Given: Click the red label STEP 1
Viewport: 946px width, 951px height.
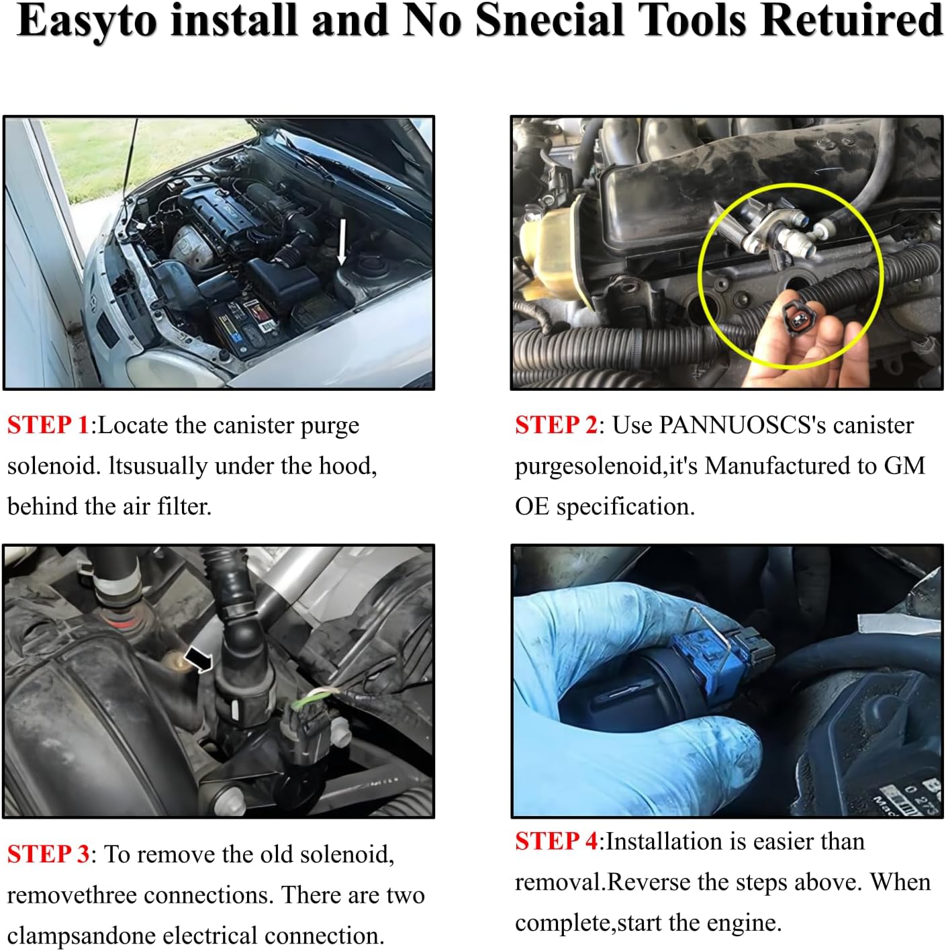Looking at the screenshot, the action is (48, 425).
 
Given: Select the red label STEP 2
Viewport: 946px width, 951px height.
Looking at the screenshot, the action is (556, 425).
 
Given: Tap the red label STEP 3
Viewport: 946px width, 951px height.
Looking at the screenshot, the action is (48, 854).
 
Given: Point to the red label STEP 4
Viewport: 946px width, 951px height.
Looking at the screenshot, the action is (556, 842).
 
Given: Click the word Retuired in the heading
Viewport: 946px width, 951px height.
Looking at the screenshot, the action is (851, 21).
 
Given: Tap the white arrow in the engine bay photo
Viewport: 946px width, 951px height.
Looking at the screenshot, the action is (342, 242).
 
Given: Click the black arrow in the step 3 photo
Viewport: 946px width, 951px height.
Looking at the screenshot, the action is (198, 660).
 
